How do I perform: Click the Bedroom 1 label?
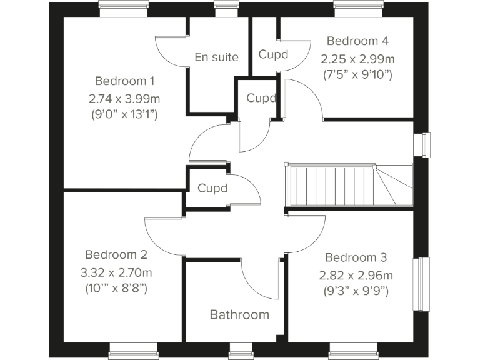pos(124,81)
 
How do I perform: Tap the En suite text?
pos(216,57)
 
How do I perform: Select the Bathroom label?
pos(239,314)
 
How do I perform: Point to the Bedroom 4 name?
pos(357,41)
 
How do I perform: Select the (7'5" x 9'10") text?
pos(357,75)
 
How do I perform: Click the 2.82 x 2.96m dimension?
pos(356,274)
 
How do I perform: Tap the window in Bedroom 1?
pos(124,9)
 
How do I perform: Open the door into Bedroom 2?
pos(164,237)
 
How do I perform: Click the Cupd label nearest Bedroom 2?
pos(212,187)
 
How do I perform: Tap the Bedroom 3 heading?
pos(356,257)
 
